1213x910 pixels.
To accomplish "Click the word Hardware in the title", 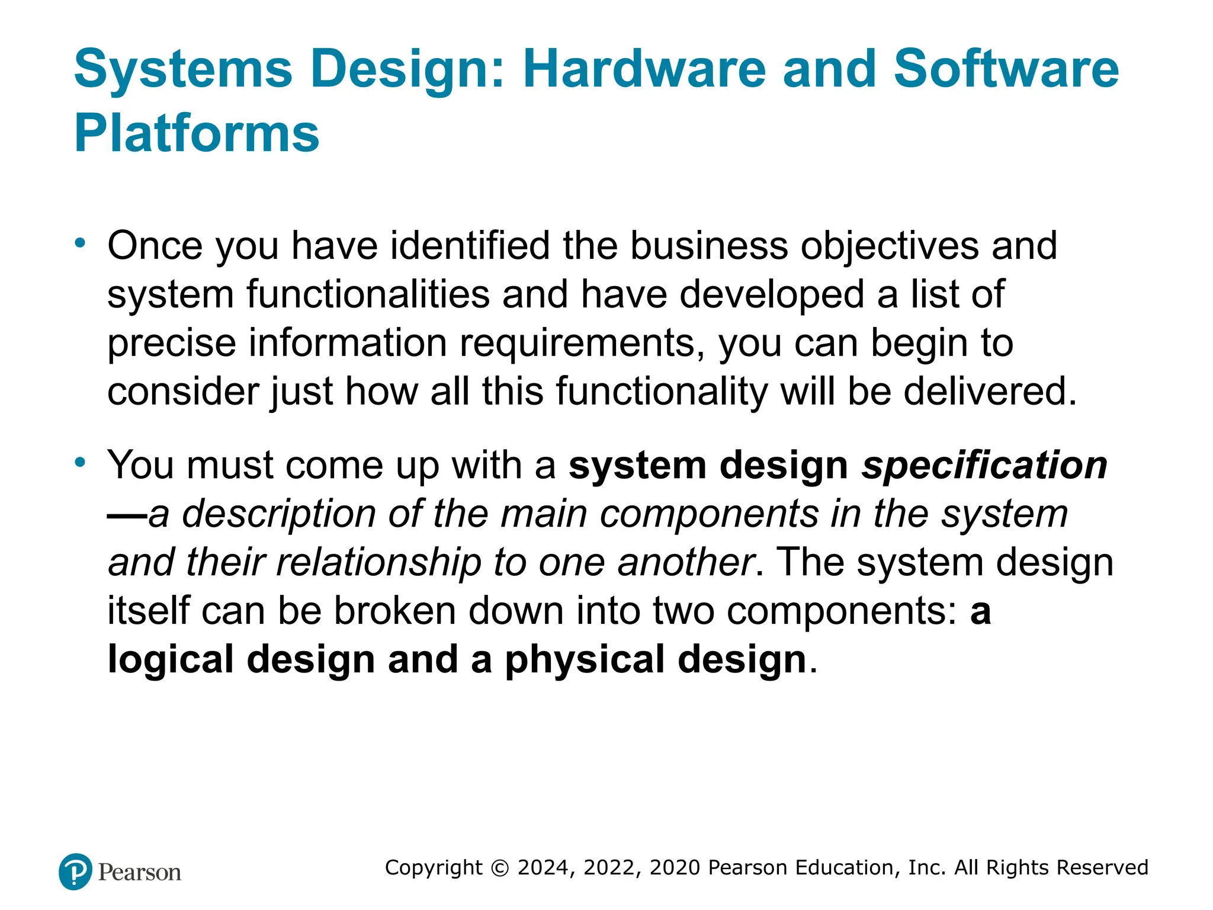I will (644, 69).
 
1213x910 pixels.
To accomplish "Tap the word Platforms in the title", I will (197, 133).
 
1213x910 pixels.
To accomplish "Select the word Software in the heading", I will (1006, 69).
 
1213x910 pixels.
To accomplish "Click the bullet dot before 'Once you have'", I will (81, 243).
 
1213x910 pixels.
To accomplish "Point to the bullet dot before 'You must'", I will (81, 462).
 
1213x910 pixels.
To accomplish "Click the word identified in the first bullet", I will (470, 245).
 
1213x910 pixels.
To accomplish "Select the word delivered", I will (990, 392).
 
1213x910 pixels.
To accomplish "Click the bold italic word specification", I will (984, 466).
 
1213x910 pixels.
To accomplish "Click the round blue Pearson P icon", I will (76, 871).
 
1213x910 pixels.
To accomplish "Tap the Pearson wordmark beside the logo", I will (140, 873).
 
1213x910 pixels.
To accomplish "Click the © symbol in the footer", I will (500, 868).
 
